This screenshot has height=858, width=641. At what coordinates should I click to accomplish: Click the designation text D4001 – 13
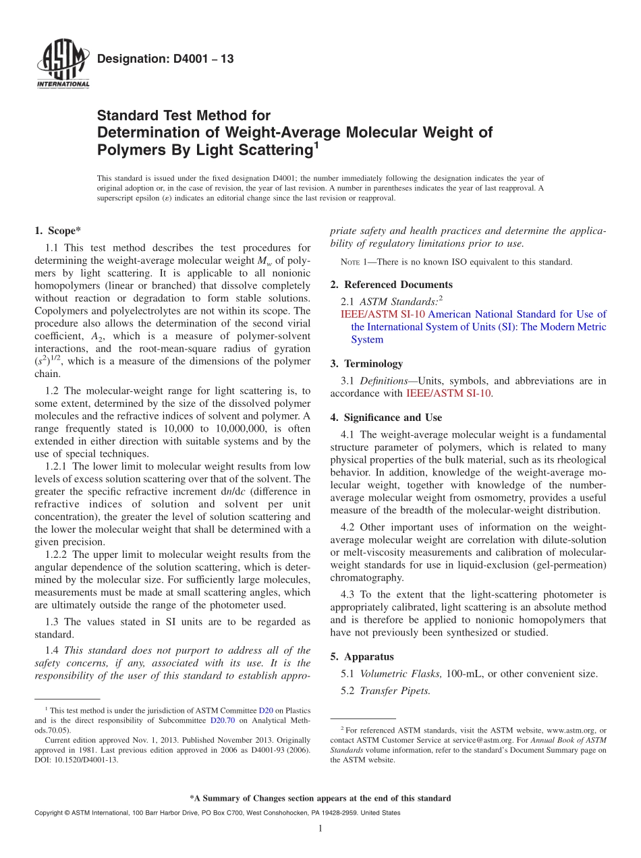[x=165, y=59]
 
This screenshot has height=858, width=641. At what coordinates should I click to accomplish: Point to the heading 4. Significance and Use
[x=386, y=418]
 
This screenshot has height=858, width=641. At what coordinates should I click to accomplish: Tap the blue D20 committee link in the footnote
[x=266, y=711]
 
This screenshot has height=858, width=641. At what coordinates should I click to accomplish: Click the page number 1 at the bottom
[x=320, y=828]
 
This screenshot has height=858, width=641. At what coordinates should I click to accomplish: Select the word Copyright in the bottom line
[x=51, y=813]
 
